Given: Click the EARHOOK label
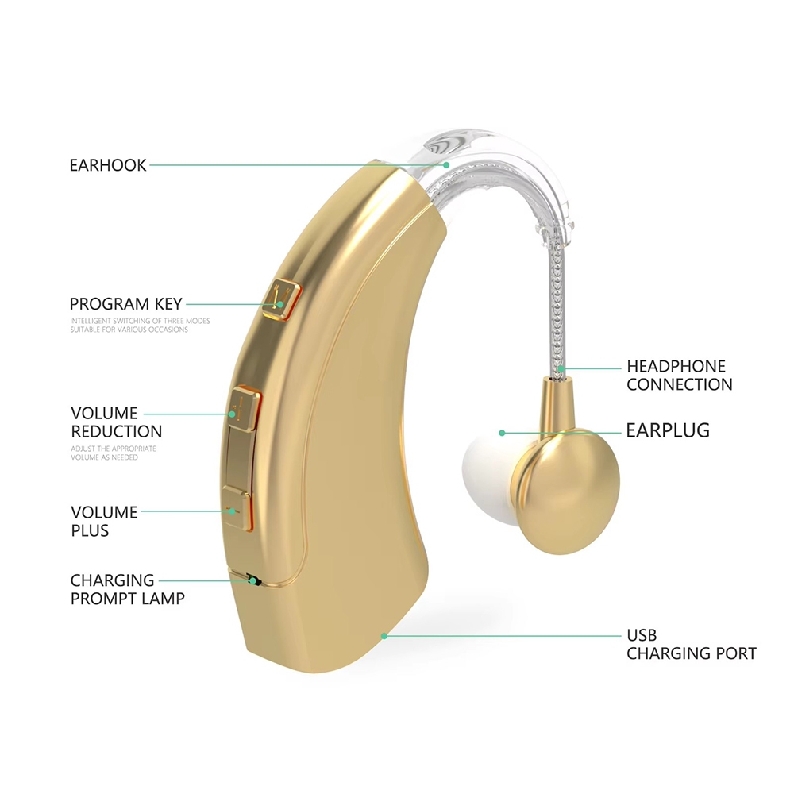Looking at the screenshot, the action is (x=108, y=165).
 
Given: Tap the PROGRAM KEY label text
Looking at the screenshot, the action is (x=125, y=303).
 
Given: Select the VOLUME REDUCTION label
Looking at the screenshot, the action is (x=116, y=422).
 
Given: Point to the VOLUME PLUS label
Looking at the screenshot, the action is (x=104, y=521).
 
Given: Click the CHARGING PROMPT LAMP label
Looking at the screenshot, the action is (x=127, y=589).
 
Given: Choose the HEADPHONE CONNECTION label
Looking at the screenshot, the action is (x=679, y=376).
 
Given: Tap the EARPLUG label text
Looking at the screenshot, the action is (x=668, y=431).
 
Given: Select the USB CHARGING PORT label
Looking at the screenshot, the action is (x=691, y=645).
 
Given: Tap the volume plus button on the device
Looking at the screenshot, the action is (x=237, y=508).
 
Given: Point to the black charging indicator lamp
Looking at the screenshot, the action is (x=253, y=580).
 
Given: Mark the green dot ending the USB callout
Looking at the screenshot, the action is (x=384, y=635).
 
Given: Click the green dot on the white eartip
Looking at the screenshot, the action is (x=502, y=433).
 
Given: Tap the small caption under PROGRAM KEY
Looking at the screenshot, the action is (x=129, y=326).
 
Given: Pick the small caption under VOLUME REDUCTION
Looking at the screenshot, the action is (x=114, y=453).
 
